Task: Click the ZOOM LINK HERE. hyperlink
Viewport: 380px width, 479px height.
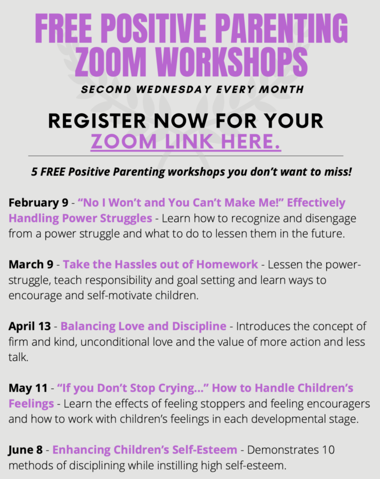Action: (x=186, y=141)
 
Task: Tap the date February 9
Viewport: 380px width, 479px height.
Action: (x=38, y=203)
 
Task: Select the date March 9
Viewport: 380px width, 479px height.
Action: (x=31, y=264)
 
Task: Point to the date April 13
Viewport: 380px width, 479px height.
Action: (x=30, y=326)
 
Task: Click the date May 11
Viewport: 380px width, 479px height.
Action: (x=28, y=388)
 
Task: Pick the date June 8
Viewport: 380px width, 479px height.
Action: (x=25, y=450)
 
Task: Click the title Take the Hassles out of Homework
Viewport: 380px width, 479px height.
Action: (x=160, y=264)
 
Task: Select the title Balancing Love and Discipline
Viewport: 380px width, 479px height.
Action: (x=143, y=326)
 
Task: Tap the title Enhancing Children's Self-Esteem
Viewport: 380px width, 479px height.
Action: (x=145, y=450)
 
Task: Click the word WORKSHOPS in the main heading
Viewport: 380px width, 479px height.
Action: (x=231, y=62)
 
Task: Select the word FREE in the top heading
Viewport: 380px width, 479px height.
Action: (x=63, y=28)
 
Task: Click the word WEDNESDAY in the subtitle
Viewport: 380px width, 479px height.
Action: (x=174, y=89)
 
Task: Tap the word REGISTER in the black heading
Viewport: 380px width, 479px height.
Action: (x=97, y=121)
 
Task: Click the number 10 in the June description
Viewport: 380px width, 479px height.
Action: (x=328, y=450)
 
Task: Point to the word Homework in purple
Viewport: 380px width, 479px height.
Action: (x=227, y=264)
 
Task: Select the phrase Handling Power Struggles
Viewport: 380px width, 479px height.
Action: (x=80, y=218)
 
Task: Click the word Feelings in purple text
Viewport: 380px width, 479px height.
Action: (x=31, y=404)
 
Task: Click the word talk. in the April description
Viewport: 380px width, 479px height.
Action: (x=18, y=357)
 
